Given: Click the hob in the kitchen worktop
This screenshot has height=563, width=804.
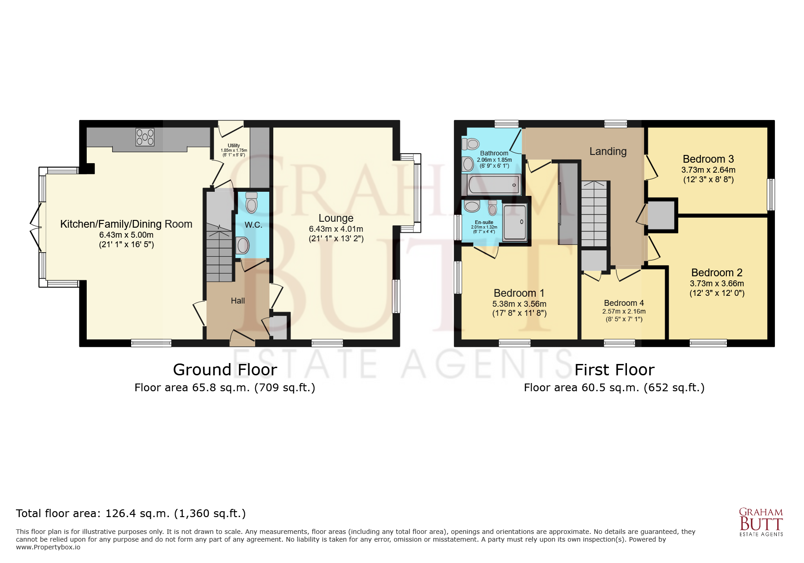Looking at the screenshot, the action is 145,137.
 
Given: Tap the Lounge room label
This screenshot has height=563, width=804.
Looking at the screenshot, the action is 336,218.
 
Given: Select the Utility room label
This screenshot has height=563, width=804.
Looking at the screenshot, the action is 234,145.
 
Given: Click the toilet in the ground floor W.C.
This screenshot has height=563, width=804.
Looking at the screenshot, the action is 251,202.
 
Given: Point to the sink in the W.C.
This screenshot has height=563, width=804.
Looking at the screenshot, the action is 242,245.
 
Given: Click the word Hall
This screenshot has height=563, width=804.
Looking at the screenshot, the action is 238,301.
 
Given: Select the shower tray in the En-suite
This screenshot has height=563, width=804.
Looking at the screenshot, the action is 515,222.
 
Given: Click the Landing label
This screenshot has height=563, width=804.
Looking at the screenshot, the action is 608,151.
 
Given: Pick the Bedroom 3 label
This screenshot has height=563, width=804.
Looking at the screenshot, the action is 708,159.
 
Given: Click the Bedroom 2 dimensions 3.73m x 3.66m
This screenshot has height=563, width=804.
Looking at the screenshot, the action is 717,284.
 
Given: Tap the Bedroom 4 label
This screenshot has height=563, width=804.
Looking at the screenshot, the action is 624,303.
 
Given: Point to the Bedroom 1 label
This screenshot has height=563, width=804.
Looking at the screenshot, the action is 519,293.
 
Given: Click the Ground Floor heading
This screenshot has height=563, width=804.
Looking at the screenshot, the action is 225,370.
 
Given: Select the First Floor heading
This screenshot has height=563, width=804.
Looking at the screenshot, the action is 614,370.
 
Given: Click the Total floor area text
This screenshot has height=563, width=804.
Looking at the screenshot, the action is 131,513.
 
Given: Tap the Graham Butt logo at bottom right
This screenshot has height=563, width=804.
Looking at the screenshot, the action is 761,522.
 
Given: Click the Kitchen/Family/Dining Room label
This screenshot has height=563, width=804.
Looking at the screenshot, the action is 126,224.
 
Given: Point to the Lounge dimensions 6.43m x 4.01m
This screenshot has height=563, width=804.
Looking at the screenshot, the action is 336,229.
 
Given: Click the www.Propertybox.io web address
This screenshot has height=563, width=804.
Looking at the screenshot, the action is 48,547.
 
